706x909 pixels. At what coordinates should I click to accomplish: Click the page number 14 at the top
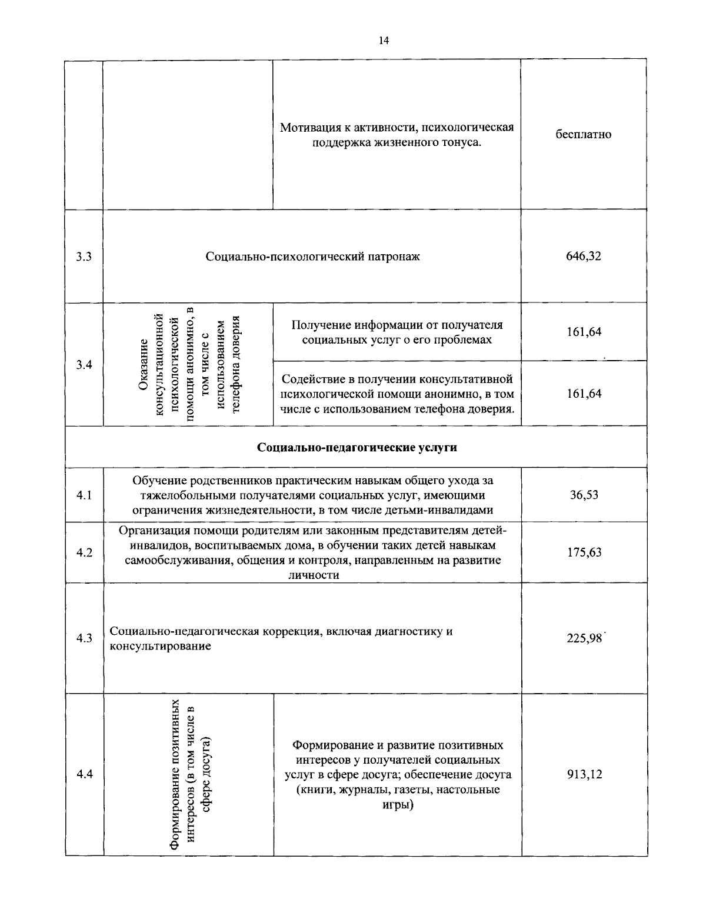click(384, 41)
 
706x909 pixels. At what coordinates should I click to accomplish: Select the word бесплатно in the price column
click(584, 135)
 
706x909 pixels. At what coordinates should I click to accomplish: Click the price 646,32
click(584, 257)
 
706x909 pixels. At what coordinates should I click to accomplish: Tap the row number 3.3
click(84, 257)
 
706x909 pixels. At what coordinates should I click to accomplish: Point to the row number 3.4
click(84, 365)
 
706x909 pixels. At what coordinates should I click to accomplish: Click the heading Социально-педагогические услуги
click(357, 448)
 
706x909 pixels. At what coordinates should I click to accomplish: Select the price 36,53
click(584, 495)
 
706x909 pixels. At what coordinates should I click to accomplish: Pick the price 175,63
click(584, 552)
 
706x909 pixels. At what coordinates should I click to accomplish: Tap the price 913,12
click(584, 774)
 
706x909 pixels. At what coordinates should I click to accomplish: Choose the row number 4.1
click(84, 495)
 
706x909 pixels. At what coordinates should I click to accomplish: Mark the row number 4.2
click(84, 552)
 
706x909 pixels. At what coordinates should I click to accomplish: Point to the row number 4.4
click(84, 774)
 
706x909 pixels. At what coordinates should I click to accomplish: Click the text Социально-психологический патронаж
click(312, 257)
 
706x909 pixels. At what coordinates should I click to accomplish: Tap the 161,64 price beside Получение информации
click(584, 332)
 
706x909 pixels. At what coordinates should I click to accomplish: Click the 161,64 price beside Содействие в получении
click(584, 394)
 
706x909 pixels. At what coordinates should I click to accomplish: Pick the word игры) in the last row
click(398, 805)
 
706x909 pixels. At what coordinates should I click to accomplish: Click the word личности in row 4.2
click(312, 575)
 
